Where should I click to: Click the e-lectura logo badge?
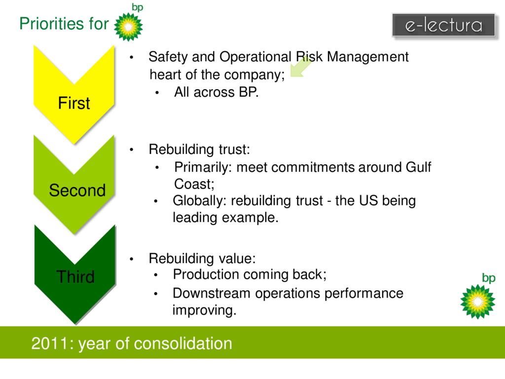coord(443,25)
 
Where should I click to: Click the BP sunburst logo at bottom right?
coord(477,301)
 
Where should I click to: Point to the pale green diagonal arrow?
coord(300,67)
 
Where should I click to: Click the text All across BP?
coord(216,92)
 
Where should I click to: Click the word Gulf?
coord(418,167)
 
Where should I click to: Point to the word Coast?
coord(194,184)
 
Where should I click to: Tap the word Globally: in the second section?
coord(200,201)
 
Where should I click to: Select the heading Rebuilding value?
coord(202,258)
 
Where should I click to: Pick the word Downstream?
coord(205,294)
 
